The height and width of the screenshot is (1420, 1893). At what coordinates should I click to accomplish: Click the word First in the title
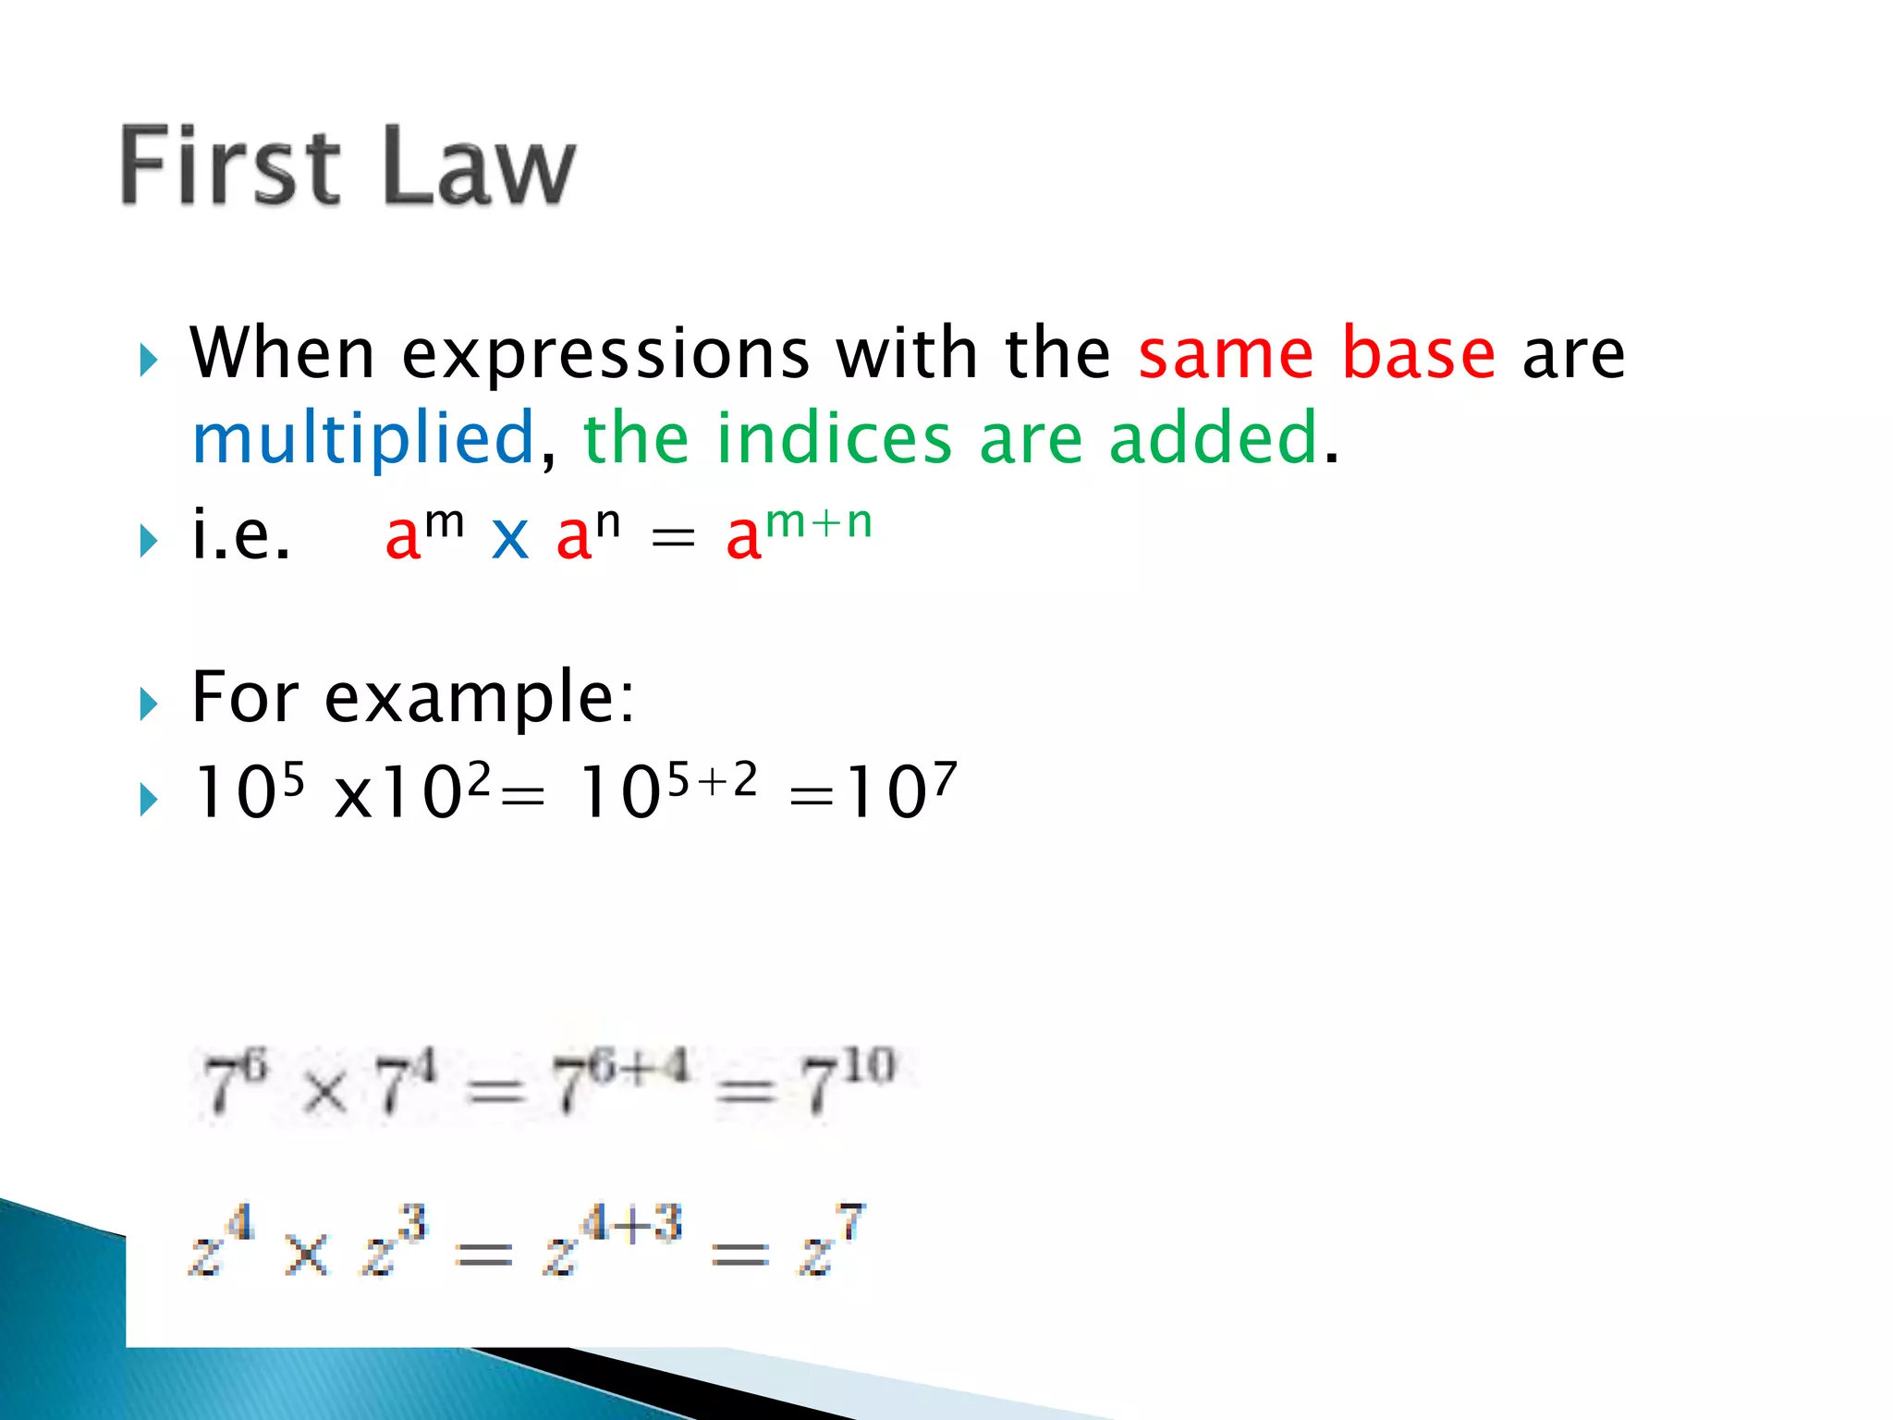pos(230,166)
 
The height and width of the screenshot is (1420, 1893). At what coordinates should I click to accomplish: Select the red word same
pos(1226,355)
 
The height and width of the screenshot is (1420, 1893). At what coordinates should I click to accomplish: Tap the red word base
pos(1418,353)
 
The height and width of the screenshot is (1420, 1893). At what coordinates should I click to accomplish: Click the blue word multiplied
pos(363,439)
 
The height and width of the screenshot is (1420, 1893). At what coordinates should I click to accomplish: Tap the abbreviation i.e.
pos(240,535)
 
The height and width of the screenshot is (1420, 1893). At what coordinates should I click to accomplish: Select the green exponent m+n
pos(819,521)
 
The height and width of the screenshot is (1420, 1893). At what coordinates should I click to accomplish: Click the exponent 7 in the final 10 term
pos(944,779)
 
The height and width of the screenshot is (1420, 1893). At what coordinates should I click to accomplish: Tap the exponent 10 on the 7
pos(869,1065)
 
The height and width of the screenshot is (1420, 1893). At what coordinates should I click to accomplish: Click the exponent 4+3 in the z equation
pos(632,1223)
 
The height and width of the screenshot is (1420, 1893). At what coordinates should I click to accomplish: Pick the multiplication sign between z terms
pos(306,1255)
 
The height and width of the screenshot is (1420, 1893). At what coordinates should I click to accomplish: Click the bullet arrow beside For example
pos(149,704)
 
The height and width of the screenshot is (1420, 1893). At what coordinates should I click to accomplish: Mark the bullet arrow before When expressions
pos(149,360)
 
